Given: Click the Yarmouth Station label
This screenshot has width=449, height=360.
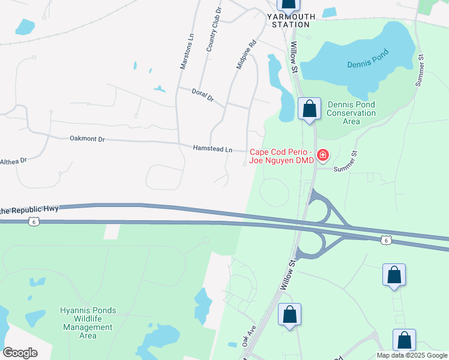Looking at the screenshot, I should click(x=291, y=20).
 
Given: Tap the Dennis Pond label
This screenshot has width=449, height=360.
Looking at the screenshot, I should click(x=367, y=58).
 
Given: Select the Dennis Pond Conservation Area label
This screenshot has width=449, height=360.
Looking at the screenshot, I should click(x=351, y=113).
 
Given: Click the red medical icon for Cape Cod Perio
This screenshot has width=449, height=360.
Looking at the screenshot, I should click(x=323, y=156).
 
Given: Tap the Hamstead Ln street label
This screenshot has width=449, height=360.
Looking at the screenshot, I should click(x=212, y=148).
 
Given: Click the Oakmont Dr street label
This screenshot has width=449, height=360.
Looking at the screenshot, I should click(x=87, y=139).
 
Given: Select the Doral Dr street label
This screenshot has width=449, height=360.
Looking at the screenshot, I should click(x=202, y=95).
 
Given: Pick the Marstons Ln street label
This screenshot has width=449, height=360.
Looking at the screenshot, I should click(x=187, y=52).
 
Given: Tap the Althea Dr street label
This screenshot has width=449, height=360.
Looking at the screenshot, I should click(x=13, y=161).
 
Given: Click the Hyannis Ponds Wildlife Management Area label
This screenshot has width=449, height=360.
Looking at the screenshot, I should click(x=88, y=323).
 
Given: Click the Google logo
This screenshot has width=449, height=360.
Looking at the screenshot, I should click(x=20, y=353).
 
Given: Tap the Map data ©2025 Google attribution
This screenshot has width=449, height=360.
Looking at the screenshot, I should click(x=412, y=355).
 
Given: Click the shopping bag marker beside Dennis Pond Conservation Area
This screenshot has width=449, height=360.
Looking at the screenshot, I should click(x=309, y=110).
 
